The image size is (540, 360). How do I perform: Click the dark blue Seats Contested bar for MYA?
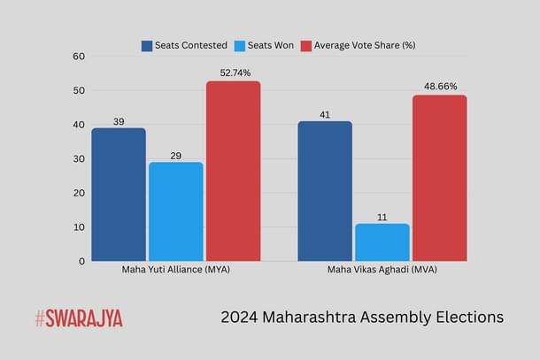[118, 195]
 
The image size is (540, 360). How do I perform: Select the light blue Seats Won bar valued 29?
[175, 211]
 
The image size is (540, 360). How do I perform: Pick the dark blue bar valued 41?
[324, 191]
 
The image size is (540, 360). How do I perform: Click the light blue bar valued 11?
[382, 242]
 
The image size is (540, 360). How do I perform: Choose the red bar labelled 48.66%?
[439, 178]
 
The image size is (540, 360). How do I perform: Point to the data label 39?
[118, 120]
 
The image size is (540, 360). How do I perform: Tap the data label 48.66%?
[439, 87]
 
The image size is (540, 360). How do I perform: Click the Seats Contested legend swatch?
[147, 45]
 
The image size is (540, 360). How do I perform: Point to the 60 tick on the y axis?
[79, 56]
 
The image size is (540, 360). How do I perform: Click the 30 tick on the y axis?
[79, 158]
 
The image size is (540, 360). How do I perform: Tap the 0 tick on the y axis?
[81, 261]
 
